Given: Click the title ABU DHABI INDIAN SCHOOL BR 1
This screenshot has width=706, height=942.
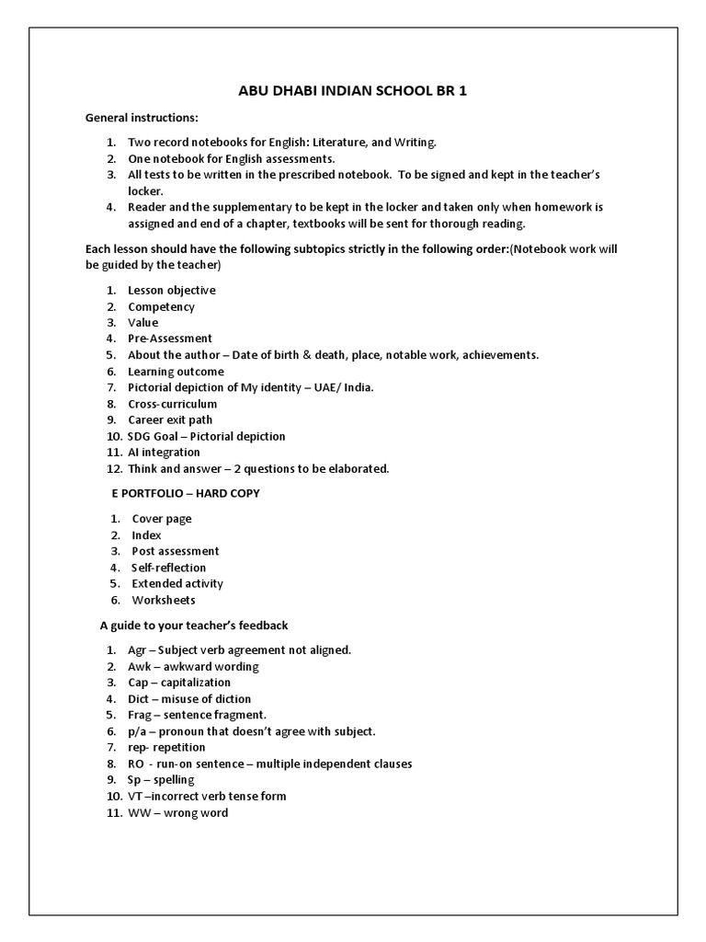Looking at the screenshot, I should pyautogui.click(x=352, y=92).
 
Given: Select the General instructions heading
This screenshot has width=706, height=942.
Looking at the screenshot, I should pyautogui.click(x=142, y=119).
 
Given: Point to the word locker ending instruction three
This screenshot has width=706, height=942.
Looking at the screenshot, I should pyautogui.click(x=145, y=190).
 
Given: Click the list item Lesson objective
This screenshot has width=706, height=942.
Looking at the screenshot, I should pyautogui.click(x=172, y=290).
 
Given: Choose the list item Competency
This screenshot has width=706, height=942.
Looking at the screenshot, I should pyautogui.click(x=161, y=306).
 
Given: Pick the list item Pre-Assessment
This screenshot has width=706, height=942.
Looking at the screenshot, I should pyautogui.click(x=170, y=339).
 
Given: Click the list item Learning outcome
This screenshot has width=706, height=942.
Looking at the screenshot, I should pyautogui.click(x=176, y=372).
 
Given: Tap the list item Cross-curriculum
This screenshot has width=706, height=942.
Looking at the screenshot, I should pyautogui.click(x=173, y=404).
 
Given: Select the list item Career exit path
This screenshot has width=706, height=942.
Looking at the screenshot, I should pyautogui.click(x=170, y=419).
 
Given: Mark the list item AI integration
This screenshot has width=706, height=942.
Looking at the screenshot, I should pyautogui.click(x=164, y=453).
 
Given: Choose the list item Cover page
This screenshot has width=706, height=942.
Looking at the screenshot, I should pyautogui.click(x=162, y=519).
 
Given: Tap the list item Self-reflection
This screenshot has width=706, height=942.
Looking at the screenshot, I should pyautogui.click(x=169, y=568).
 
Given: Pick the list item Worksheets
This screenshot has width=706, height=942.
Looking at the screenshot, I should pyautogui.click(x=164, y=600).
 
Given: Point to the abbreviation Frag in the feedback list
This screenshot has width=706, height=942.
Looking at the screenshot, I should pyautogui.click(x=140, y=715).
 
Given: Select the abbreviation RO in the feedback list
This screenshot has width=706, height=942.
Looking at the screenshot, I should pyautogui.click(x=136, y=764).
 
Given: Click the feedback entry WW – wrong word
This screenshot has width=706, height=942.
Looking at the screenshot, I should pyautogui.click(x=178, y=812).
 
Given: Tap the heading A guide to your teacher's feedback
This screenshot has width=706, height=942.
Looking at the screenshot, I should pyautogui.click(x=194, y=626).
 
